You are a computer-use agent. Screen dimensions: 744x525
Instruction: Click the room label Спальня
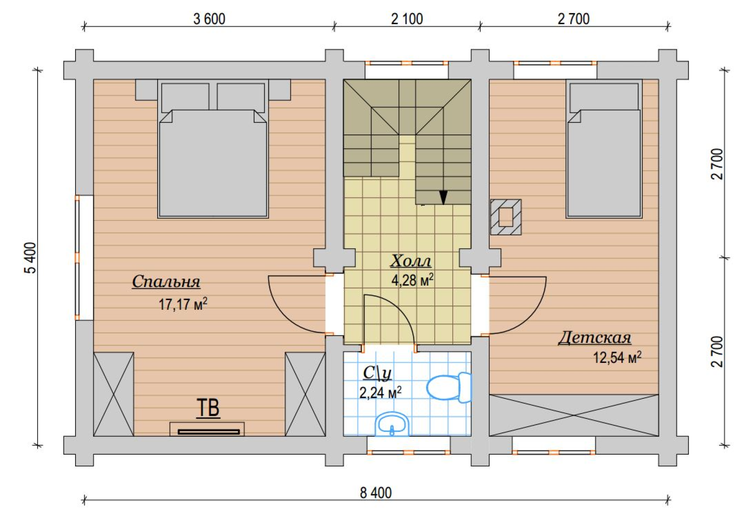(x=166, y=282)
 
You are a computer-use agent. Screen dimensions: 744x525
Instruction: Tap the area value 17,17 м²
(x=183, y=304)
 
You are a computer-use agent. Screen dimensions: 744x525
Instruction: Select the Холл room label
(x=411, y=261)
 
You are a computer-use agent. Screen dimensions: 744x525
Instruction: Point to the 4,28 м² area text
(x=413, y=280)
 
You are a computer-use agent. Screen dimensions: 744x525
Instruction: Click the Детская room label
(x=595, y=338)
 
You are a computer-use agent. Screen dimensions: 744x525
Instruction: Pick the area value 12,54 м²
(x=617, y=358)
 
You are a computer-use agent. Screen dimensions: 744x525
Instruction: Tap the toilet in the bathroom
(x=449, y=387)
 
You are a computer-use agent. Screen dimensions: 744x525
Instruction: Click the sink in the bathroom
(x=392, y=424)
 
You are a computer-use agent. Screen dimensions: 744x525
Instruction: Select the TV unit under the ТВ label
(x=207, y=429)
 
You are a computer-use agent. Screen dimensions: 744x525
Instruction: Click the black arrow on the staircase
(x=443, y=197)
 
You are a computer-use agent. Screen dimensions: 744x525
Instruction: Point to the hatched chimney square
(x=506, y=217)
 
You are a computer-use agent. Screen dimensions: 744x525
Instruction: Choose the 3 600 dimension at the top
(x=209, y=19)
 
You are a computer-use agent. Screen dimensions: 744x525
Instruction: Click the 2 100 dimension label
(x=407, y=19)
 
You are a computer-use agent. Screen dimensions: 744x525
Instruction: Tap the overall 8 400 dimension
(x=375, y=493)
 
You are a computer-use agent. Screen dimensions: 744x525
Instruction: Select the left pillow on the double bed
(x=185, y=98)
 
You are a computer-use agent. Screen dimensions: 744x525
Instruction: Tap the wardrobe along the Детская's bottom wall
(x=574, y=415)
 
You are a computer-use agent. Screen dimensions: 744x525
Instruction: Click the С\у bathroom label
(x=377, y=373)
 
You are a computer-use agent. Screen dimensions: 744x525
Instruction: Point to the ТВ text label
(x=208, y=408)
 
